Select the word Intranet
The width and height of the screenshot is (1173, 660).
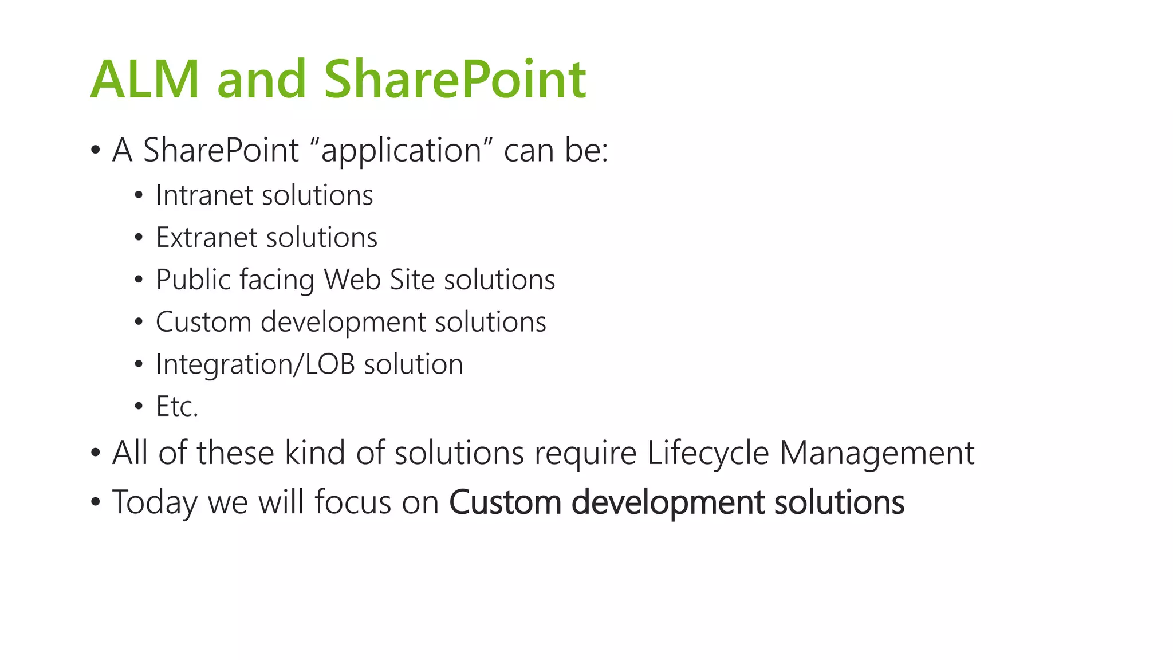click(x=203, y=195)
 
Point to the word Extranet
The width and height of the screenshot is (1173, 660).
click(x=206, y=238)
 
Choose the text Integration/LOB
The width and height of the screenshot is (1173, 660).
click(x=255, y=365)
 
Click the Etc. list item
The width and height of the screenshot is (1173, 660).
click(x=177, y=407)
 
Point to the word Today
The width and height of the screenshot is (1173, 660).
click(x=155, y=502)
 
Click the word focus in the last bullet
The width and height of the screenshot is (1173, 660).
click(x=352, y=502)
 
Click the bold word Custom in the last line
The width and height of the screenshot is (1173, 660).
click(x=505, y=502)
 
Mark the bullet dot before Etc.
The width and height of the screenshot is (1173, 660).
click(x=139, y=407)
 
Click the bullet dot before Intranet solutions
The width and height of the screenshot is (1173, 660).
click(x=139, y=196)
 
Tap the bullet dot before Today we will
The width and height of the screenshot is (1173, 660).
click(x=96, y=502)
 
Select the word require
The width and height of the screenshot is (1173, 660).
click(x=585, y=453)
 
